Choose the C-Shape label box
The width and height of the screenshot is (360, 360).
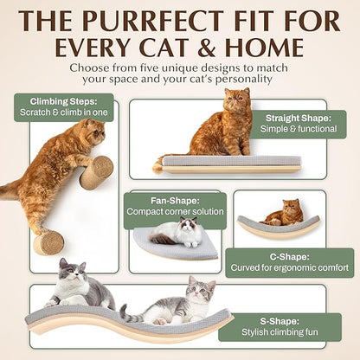pyautogui.click(x=277, y=262)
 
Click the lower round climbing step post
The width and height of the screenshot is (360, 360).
pyautogui.click(x=48, y=241)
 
